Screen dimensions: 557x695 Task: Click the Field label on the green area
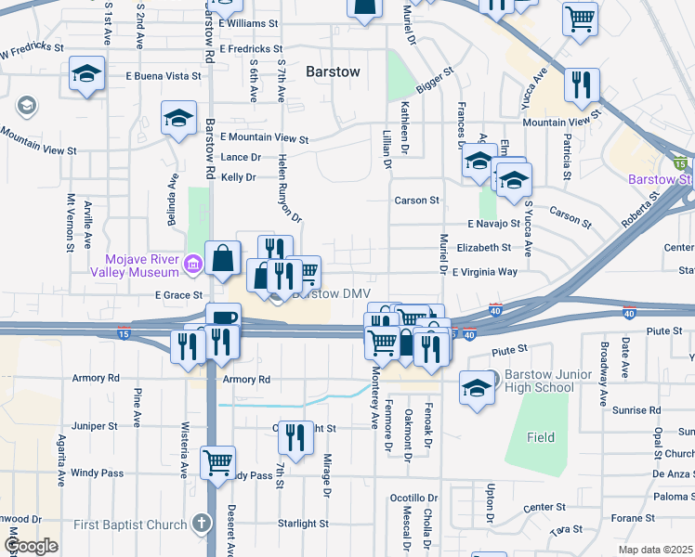pyautogui.click(x=541, y=437)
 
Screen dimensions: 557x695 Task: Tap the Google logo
pyautogui.click(x=30, y=546)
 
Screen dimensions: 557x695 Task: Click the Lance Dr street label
pyautogui.click(x=241, y=158)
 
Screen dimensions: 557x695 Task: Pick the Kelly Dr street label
pyautogui.click(x=238, y=177)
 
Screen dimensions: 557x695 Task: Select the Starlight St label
pyautogui.click(x=303, y=524)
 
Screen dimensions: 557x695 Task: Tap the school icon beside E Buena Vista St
pyautogui.click(x=86, y=75)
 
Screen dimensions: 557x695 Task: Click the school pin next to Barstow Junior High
pyautogui.click(x=477, y=387)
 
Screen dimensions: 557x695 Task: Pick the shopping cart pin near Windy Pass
pyautogui.click(x=217, y=462)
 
